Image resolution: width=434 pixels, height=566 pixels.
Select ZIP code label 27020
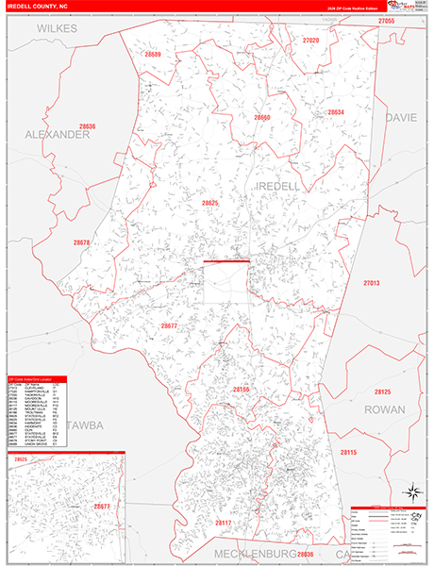[311, 41]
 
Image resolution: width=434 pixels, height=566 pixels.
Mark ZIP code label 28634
[336, 112]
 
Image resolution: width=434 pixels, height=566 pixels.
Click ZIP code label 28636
[88, 125]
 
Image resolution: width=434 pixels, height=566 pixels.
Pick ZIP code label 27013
[371, 283]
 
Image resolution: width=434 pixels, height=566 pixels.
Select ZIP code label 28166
[242, 390]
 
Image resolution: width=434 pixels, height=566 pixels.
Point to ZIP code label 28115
[349, 426]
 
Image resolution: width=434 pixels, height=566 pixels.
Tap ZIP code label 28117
[223, 522]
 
